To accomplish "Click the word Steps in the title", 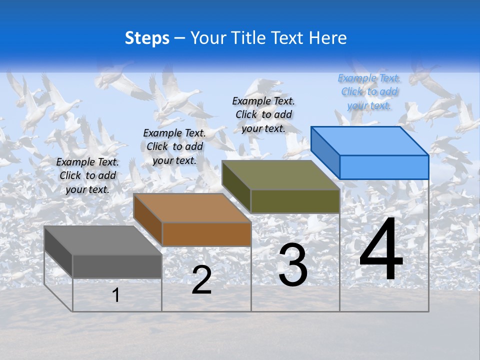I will click(x=147, y=38).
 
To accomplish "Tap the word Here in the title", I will click(x=327, y=38).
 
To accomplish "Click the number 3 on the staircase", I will click(x=293, y=265).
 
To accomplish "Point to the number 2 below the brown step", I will click(x=201, y=279).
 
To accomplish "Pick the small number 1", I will click(x=116, y=295).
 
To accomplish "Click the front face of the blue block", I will click(x=384, y=167).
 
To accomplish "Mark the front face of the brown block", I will click(x=206, y=234).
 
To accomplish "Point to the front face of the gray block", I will click(x=117, y=266).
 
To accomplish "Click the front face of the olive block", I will click(x=295, y=201).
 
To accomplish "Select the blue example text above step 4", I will click(x=369, y=91).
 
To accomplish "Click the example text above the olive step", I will click(x=263, y=114).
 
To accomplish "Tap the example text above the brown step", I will click(x=174, y=146).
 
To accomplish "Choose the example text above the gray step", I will click(x=87, y=175).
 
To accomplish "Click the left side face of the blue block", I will click(x=325, y=152).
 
